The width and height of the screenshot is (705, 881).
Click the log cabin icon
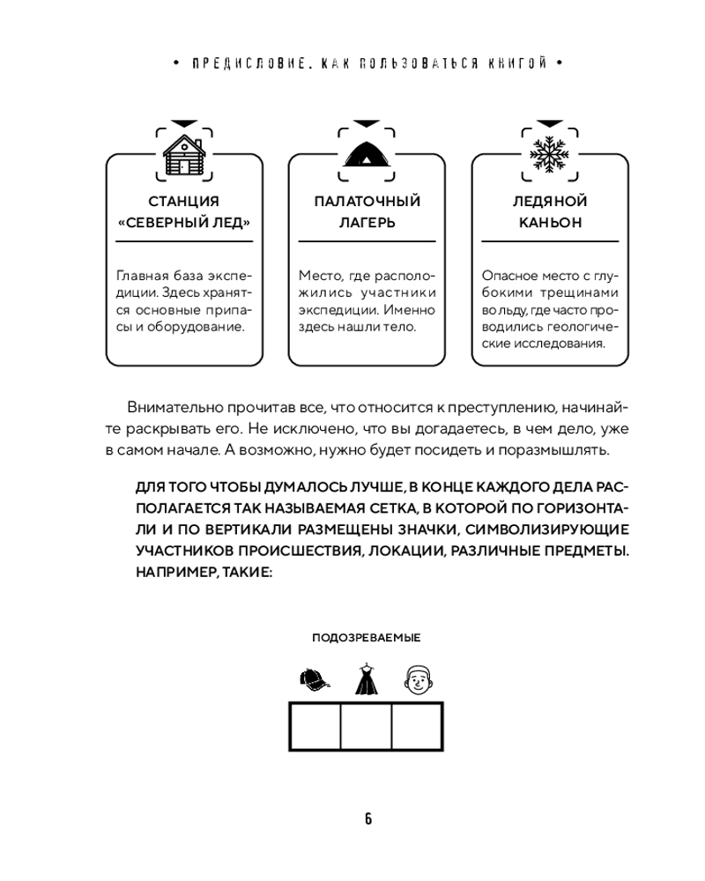click(184, 155)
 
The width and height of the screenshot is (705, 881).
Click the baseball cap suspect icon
click(315, 679)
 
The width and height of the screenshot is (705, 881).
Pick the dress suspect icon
click(367, 679)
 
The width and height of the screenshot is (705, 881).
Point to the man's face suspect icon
click(418, 679)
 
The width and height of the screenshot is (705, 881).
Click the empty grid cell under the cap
click(315, 727)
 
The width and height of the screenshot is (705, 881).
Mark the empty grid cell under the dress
click(366, 727)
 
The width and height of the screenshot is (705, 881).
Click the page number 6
click(367, 818)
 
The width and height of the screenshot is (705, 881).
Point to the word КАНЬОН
click(550, 223)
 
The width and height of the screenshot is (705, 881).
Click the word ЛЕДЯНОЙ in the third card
click(550, 202)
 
